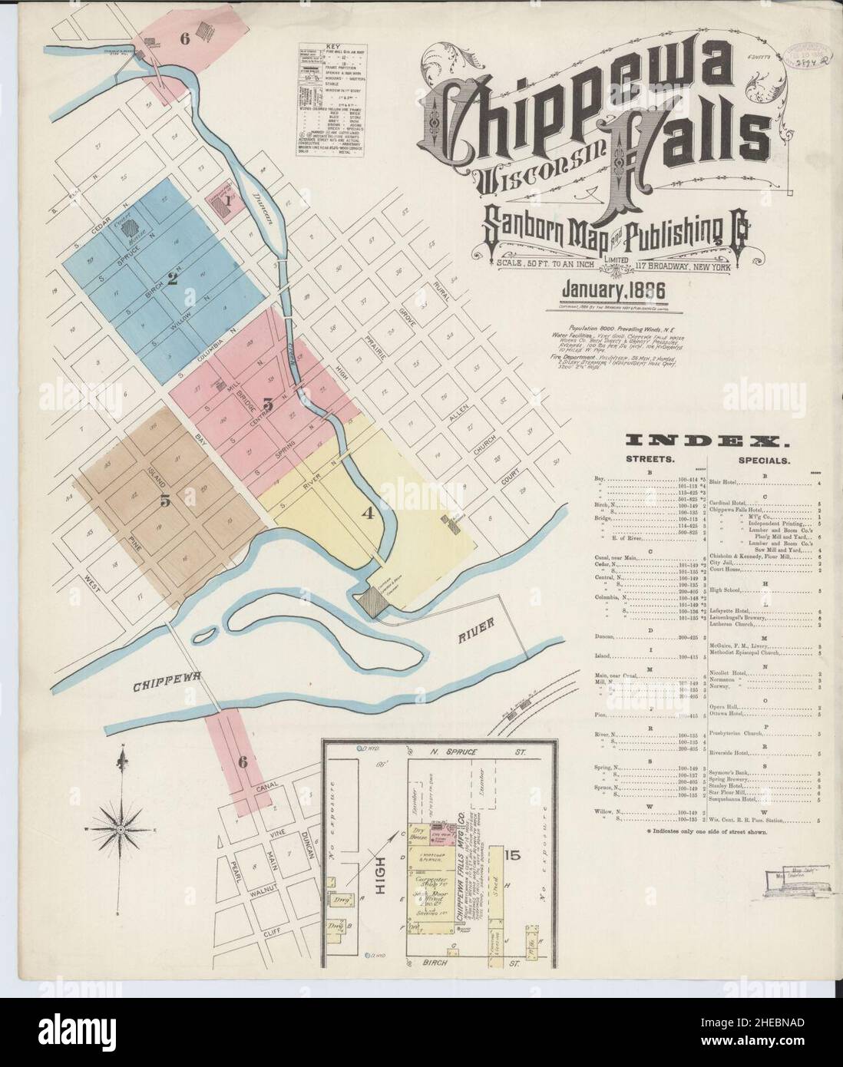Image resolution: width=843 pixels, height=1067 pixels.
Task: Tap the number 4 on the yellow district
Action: [369, 515]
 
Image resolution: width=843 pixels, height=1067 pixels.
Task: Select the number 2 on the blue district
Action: [173, 279]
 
